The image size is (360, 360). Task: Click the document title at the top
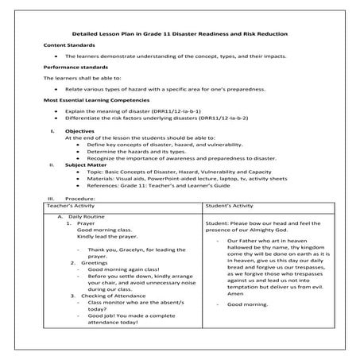pyautogui.click(x=180, y=34)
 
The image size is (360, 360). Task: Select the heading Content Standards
pyautogui.click(x=66, y=48)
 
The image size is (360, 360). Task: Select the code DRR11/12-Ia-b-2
pyautogui.click(x=242, y=119)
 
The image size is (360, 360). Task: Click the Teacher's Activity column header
pyautogui.click(x=71, y=205)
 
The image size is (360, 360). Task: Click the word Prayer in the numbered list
pyautogui.click(x=86, y=224)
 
